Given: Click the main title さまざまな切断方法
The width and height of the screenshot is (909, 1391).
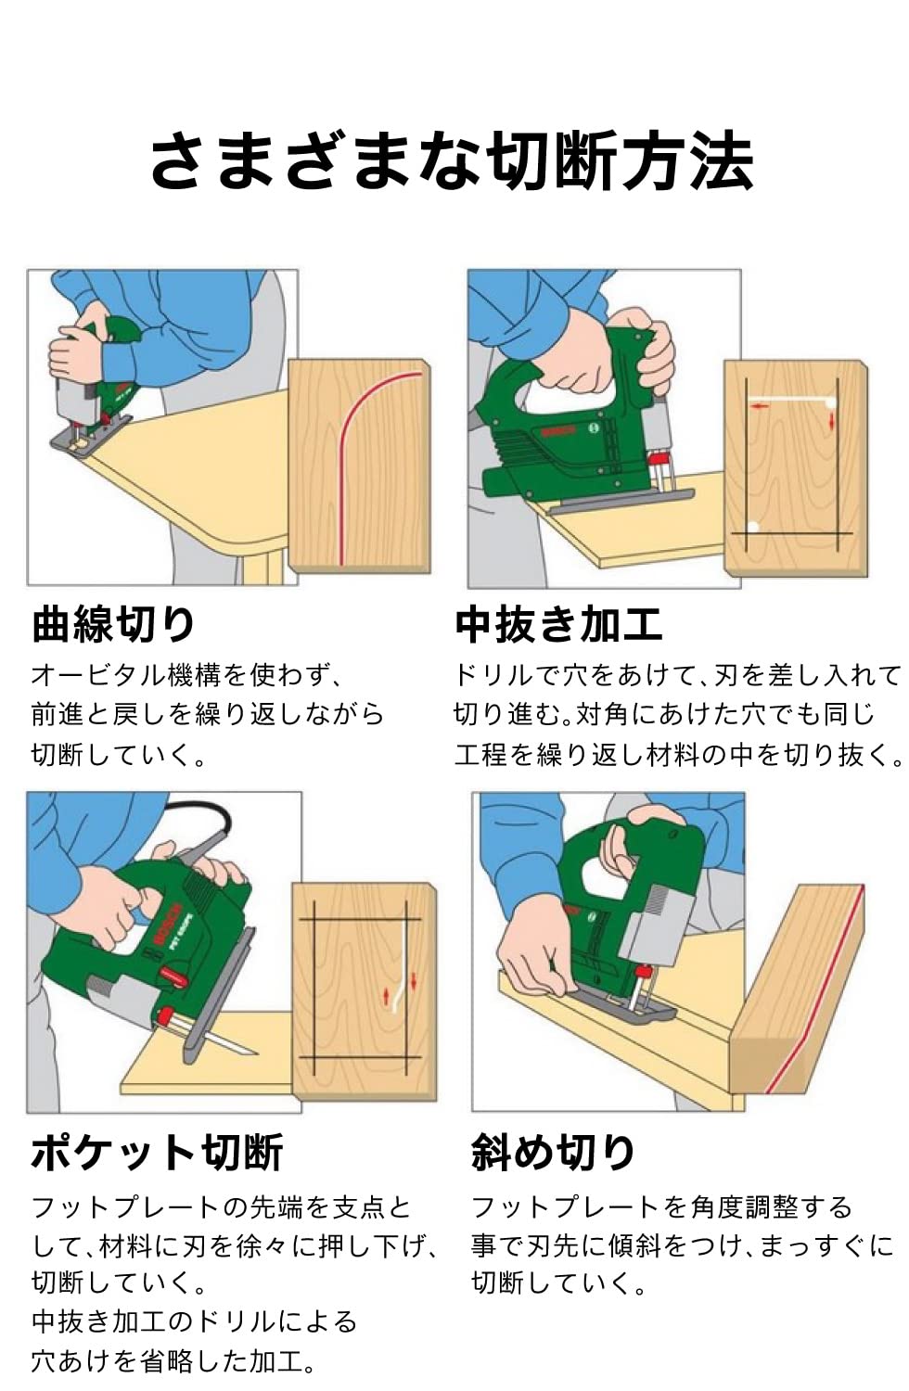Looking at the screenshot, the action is point(453,160).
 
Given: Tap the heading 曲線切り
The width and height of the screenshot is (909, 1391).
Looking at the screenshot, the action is point(114,624).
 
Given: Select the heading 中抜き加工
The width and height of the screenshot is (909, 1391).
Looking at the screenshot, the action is point(559,625).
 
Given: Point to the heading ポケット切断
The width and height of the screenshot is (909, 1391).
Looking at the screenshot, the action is point(157,1152).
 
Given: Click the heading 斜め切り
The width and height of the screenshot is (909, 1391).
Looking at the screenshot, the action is point(553,1153).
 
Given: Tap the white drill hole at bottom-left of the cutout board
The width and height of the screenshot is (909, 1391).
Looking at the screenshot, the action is point(753,528).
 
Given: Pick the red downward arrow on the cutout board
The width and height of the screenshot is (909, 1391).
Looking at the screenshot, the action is point(832,422).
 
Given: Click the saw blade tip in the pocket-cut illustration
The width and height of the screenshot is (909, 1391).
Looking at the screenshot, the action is point(256,1053).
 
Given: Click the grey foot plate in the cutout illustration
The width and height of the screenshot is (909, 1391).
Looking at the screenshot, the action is point(621,501).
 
